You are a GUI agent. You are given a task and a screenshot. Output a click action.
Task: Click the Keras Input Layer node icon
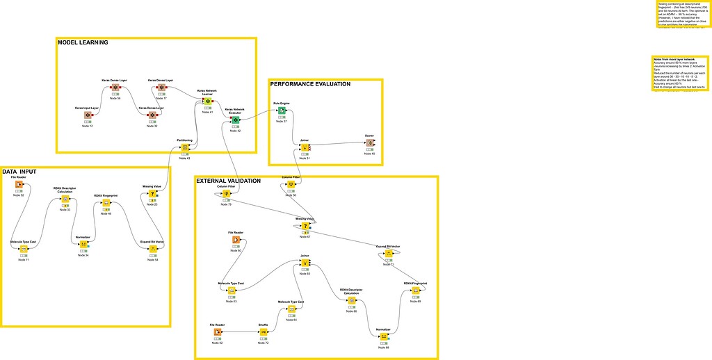[88, 115]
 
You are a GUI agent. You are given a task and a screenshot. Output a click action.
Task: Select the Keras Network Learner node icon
[206, 101]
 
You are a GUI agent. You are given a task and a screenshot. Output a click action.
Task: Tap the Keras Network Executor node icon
[235, 120]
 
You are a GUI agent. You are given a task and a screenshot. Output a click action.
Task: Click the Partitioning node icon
[184, 147]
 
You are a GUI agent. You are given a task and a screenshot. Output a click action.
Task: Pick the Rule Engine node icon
[281, 111]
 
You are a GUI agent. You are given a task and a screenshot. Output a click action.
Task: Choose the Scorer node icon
[370, 143]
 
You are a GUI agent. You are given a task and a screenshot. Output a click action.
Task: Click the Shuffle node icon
[264, 332]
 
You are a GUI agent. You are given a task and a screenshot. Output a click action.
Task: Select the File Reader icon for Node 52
[19, 185]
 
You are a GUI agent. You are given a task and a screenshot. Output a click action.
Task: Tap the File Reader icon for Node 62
[218, 332]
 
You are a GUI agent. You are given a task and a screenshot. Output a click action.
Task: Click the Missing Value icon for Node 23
[152, 194]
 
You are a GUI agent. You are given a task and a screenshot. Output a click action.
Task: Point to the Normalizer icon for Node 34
[83, 244]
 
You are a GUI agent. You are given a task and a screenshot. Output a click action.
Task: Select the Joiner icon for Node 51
[305, 147]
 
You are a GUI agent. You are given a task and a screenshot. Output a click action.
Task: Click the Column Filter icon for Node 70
[227, 194]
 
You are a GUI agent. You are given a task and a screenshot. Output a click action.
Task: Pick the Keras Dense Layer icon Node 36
[115, 88]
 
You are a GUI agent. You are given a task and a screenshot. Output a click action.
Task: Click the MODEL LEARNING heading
[82, 42]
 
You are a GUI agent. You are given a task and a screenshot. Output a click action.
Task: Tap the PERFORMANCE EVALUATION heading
[310, 84]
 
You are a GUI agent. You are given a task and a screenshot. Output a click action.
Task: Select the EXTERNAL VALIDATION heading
[228, 181]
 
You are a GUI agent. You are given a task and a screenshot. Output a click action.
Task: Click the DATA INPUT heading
[19, 171]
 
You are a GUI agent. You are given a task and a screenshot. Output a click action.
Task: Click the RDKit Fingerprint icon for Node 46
[107, 204]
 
